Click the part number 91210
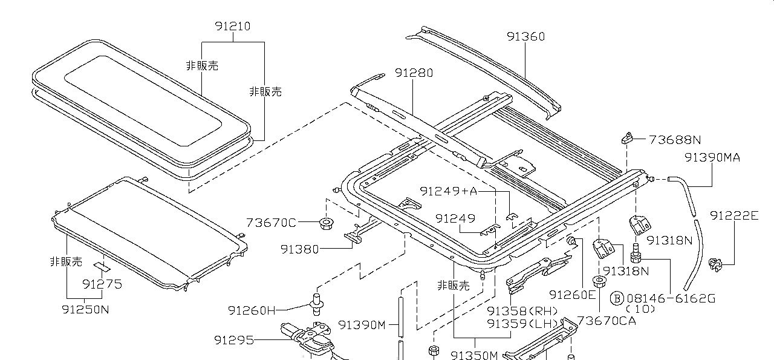pyautogui.click(x=232, y=27)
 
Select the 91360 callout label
pyautogui.click(x=525, y=36)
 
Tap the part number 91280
pyautogui.click(x=414, y=73)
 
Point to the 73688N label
pyautogui.click(x=675, y=140)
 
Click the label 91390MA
pyautogui.click(x=712, y=158)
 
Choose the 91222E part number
pyautogui.click(x=733, y=215)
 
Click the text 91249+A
pyautogui.click(x=449, y=191)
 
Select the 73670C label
pyautogui.click(x=272, y=223)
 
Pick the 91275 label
pyautogui.click(x=102, y=284)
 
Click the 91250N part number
pyautogui.click(x=85, y=309)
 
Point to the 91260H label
pyautogui.click(x=252, y=310)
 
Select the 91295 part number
pyautogui.click(x=233, y=340)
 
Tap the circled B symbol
pyautogui.click(x=616, y=298)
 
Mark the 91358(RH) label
pyautogui.click(x=522, y=311)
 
